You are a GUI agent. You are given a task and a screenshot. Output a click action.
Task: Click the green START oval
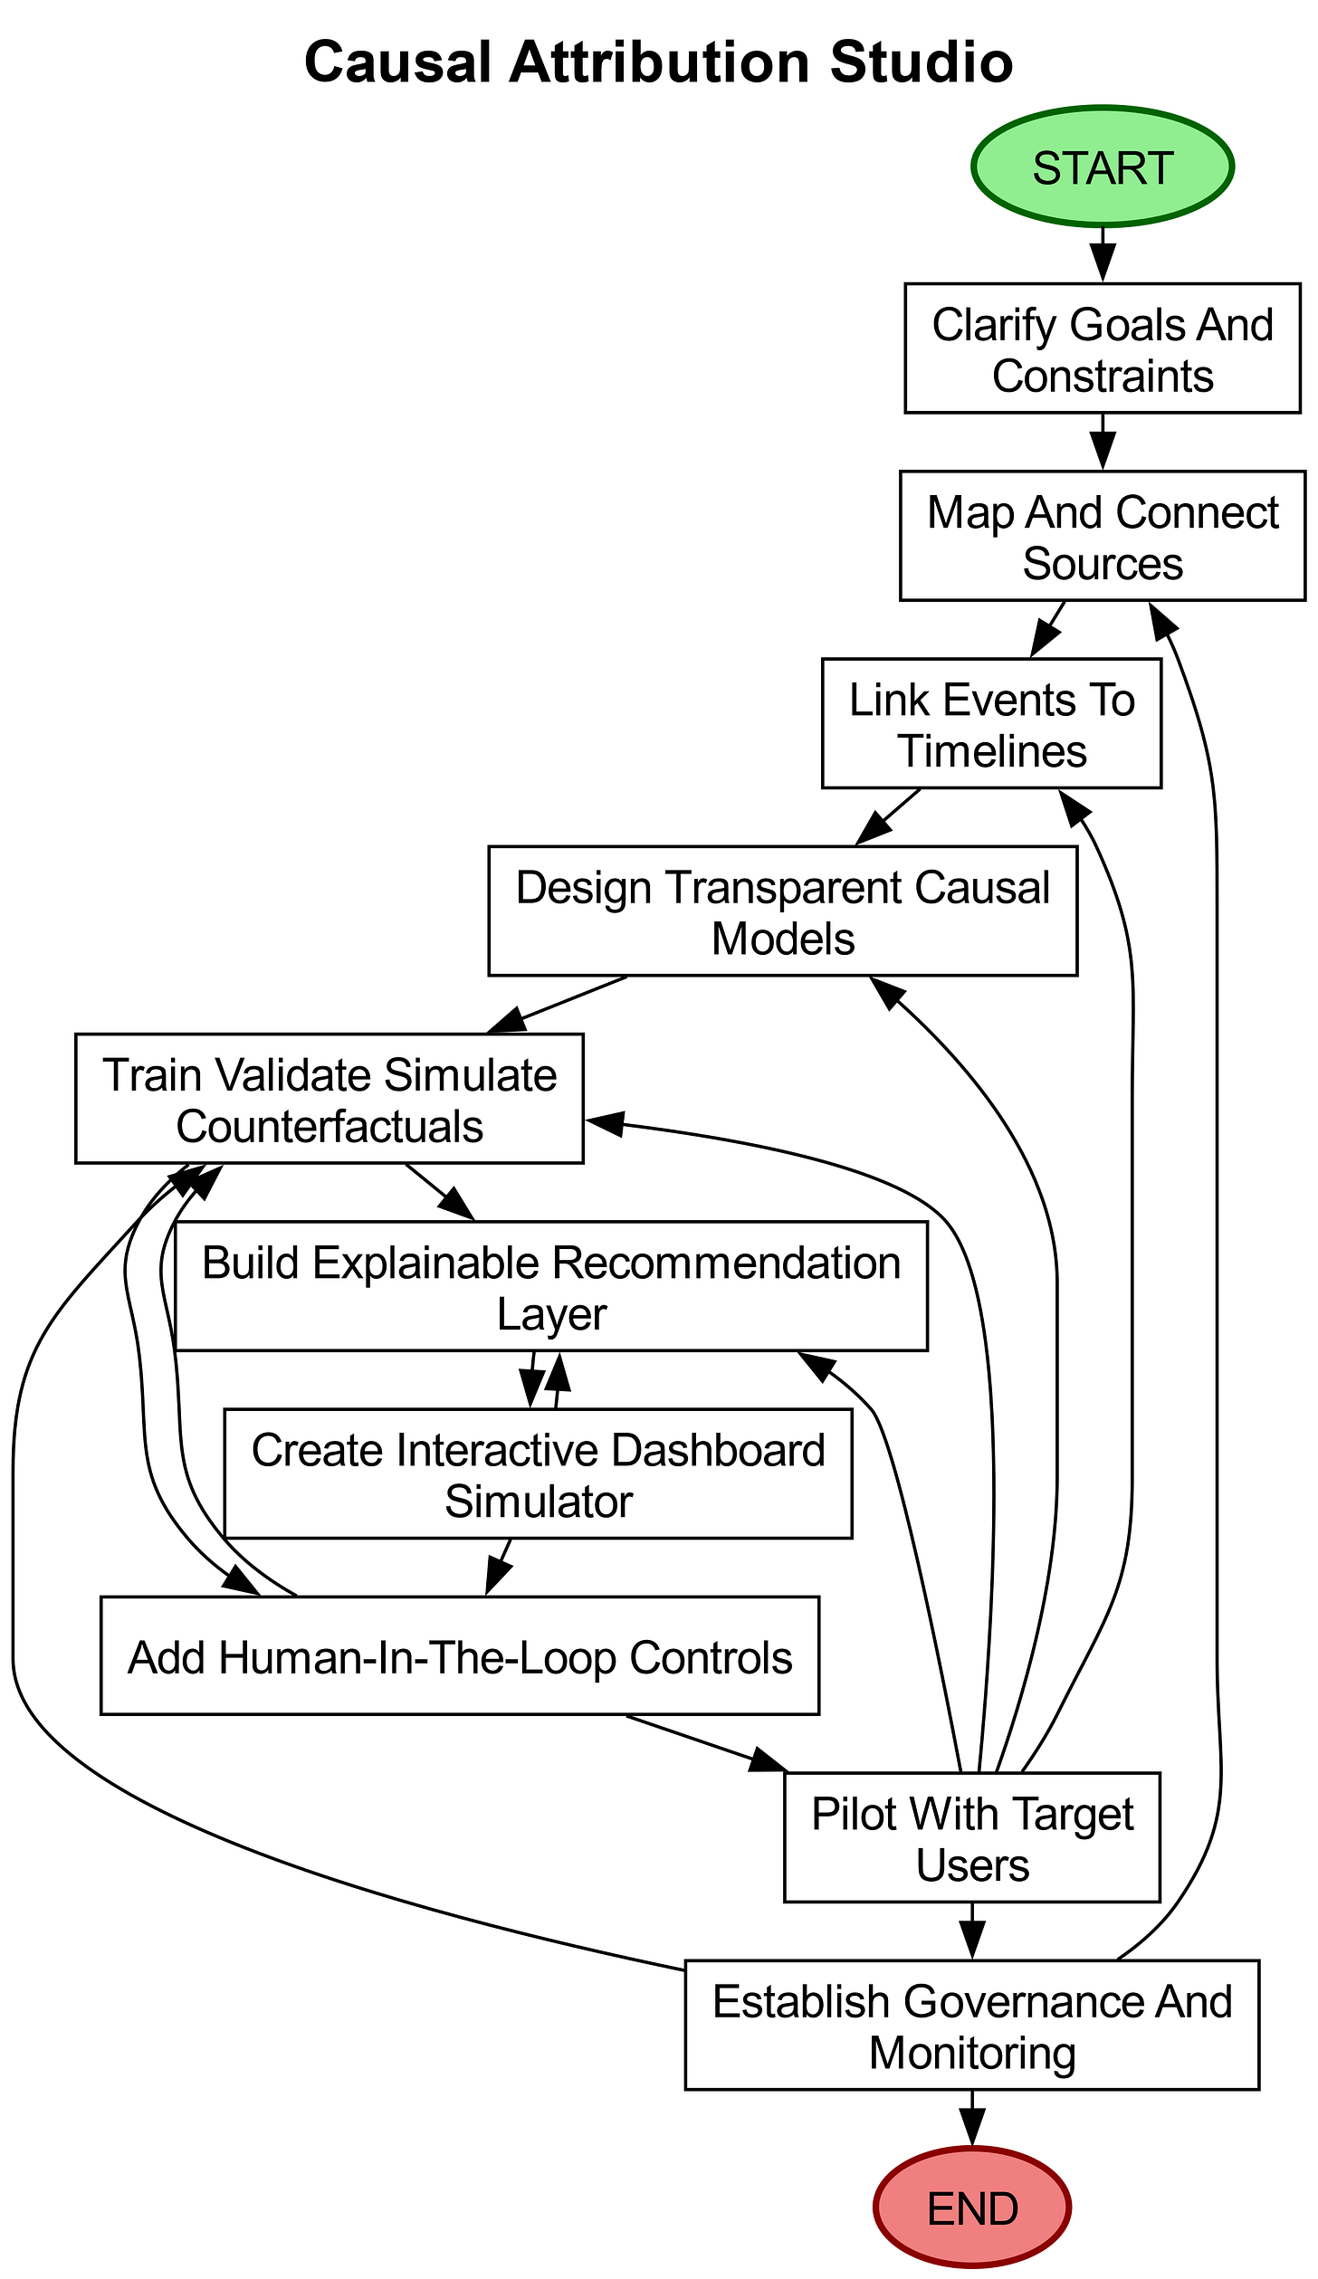pyautogui.click(x=1102, y=167)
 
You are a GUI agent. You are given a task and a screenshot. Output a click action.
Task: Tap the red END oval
pyautogui.click(x=972, y=2208)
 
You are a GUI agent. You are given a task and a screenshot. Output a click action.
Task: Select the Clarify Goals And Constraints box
pyautogui.click(x=1102, y=348)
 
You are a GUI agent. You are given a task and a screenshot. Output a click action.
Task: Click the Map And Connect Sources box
pyautogui.click(x=1102, y=536)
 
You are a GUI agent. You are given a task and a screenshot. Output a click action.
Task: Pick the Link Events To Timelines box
pyautogui.click(x=991, y=724)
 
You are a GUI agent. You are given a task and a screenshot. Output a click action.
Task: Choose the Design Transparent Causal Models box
pyautogui.click(x=782, y=911)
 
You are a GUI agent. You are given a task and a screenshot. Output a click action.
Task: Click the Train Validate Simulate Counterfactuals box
pyautogui.click(x=329, y=1099)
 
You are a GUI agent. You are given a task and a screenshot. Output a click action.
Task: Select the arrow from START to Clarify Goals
pyautogui.click(x=1102, y=254)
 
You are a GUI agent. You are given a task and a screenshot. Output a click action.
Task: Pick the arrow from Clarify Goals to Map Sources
pyautogui.click(x=1102, y=442)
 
